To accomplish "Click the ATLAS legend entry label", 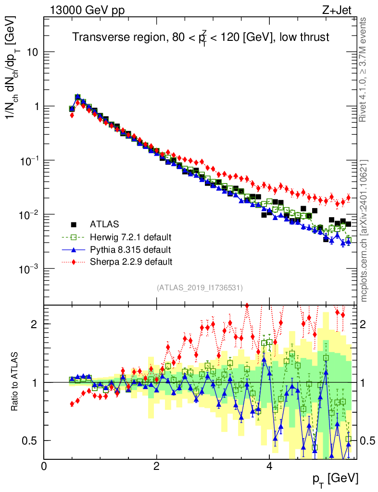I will pyautogui.click(x=104, y=224).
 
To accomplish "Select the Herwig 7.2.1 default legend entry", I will pyautogui.click(x=130, y=237).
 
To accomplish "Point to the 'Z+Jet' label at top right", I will pyautogui.click(x=340, y=9).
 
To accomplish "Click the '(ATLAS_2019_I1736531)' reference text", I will pyautogui.click(x=200, y=288).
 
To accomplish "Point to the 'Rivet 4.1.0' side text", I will pyautogui.click(x=364, y=77).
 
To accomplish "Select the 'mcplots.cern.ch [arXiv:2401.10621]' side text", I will pyautogui.click(x=364, y=231).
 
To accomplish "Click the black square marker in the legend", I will pyautogui.click(x=74, y=224).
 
